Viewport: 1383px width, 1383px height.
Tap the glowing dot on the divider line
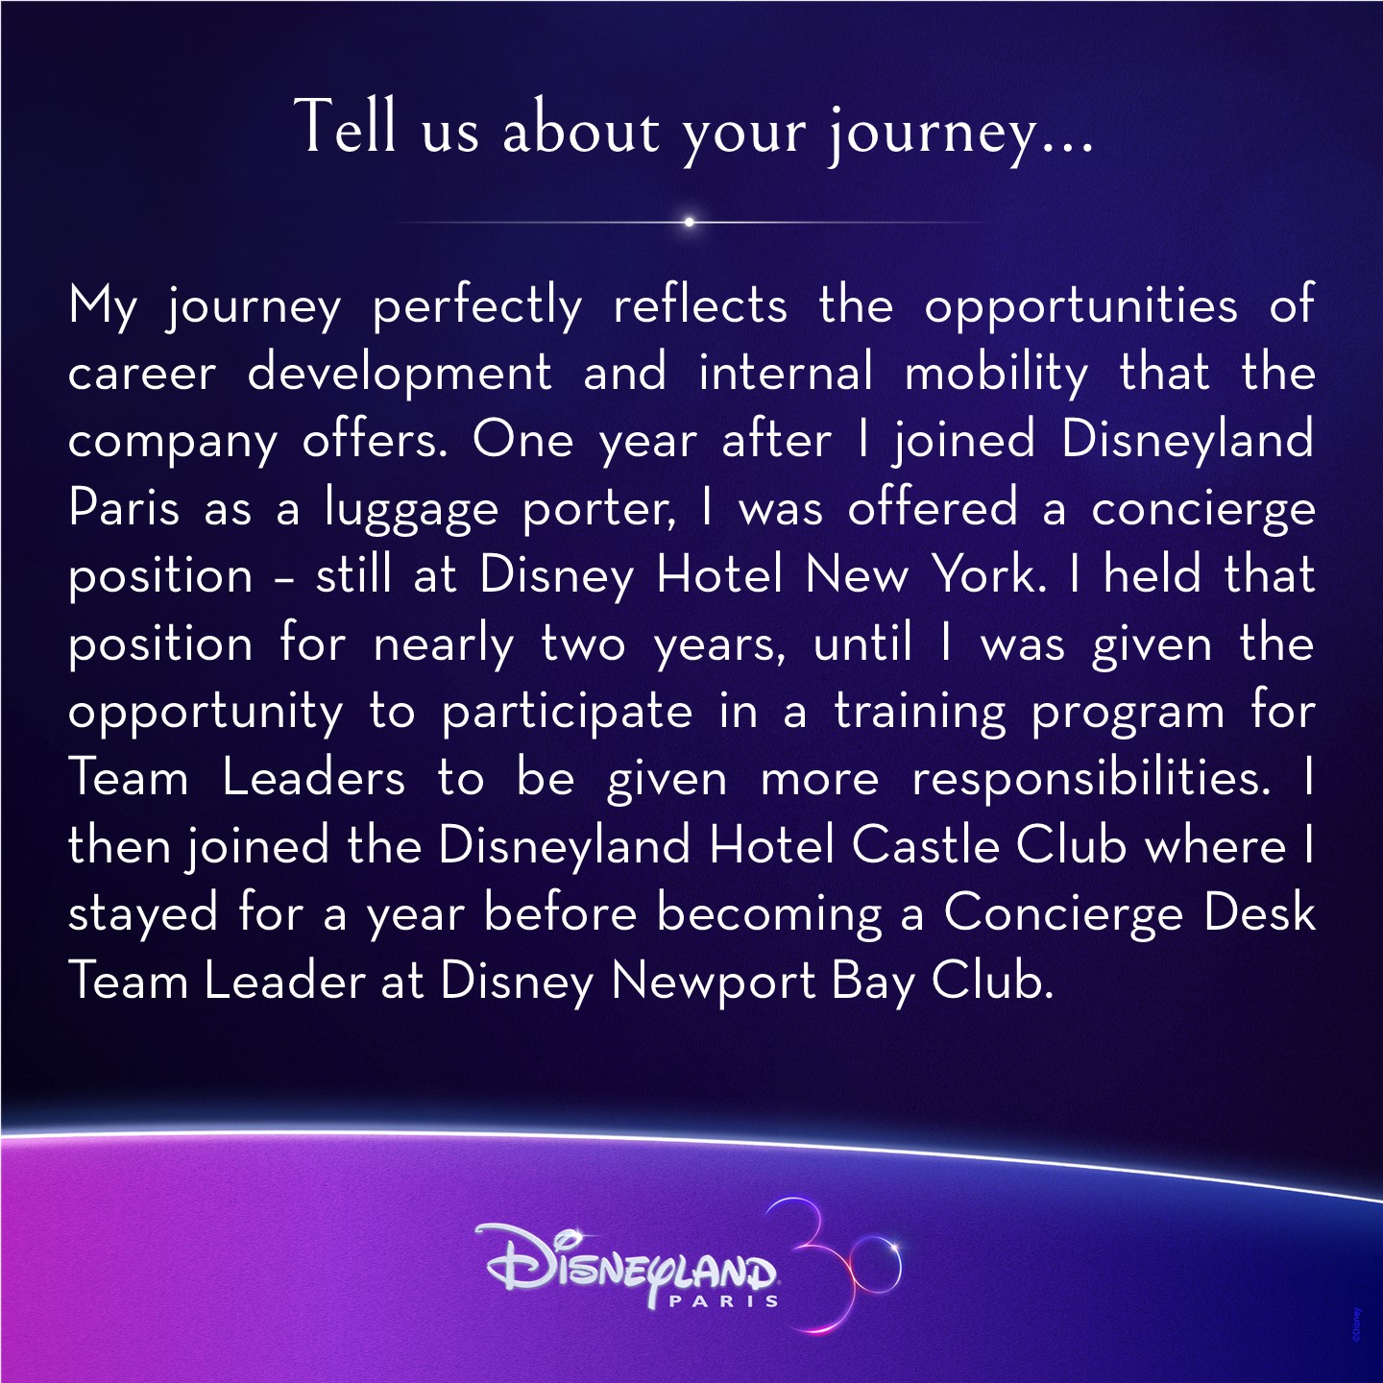[x=689, y=222]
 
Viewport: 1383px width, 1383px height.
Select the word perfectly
[x=477, y=306]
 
